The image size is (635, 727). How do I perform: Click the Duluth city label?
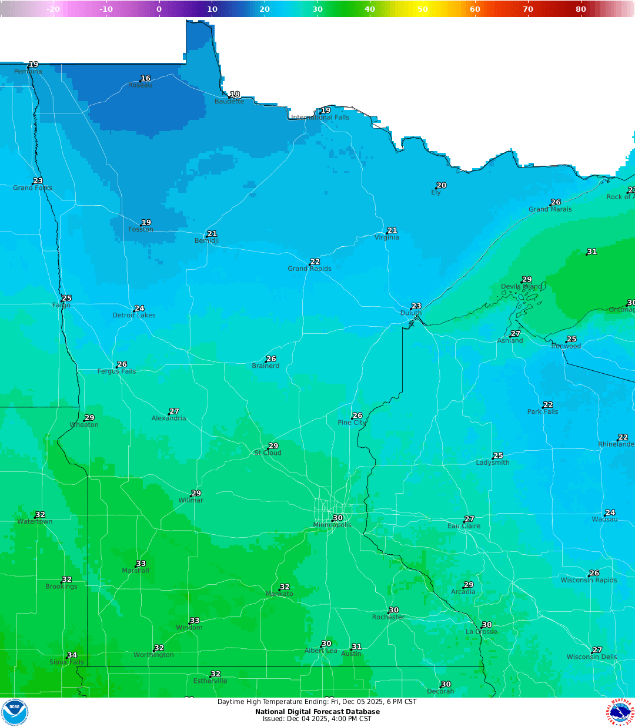point(411,313)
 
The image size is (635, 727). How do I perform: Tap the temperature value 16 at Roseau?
point(145,78)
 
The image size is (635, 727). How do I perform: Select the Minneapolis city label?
point(332,525)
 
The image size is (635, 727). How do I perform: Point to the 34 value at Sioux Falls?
point(72,655)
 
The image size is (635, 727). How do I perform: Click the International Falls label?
point(320,118)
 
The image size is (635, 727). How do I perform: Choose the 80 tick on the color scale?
point(581,9)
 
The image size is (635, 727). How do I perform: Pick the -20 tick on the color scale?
point(53,9)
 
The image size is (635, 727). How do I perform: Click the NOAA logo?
point(15,712)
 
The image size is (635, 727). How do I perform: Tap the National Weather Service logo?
point(621,712)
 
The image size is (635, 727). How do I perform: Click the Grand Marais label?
point(550,209)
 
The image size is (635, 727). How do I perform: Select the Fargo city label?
point(61,305)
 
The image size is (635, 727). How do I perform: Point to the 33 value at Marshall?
point(141,564)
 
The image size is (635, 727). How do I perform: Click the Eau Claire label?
point(464,526)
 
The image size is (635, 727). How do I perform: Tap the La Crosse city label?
point(482,632)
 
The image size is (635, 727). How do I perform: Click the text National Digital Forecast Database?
point(317,712)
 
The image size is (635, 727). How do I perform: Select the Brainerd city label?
point(266,366)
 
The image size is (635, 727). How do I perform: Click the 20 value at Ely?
point(442,185)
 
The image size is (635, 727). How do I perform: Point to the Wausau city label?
point(604,520)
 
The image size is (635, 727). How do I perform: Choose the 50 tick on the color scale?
point(423,9)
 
